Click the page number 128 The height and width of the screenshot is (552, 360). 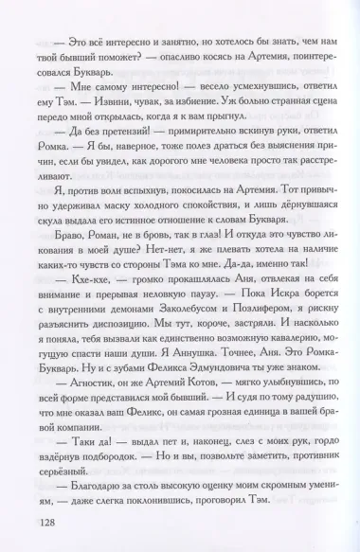pos(37,523)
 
